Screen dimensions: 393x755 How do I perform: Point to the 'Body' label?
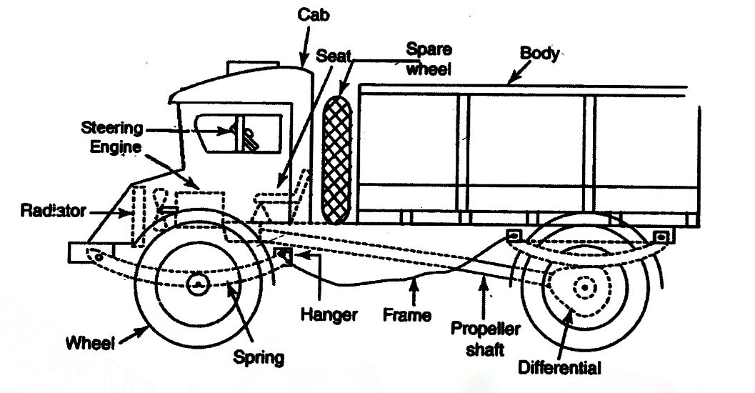539,54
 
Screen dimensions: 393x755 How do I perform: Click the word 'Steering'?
111,129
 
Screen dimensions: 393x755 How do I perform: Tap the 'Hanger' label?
328,314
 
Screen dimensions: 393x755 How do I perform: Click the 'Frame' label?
407,314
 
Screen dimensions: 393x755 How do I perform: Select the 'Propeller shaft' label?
486,337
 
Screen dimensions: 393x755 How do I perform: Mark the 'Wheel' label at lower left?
90,343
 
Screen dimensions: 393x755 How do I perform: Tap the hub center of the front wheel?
196,284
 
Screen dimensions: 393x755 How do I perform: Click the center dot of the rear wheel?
584,287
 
